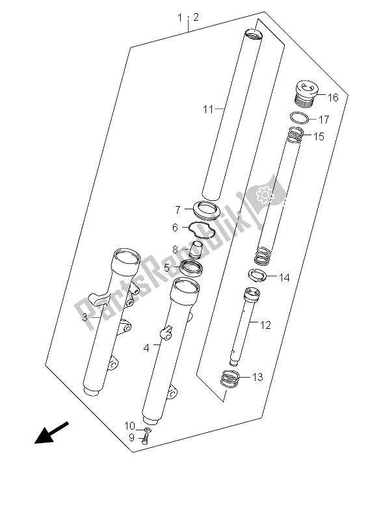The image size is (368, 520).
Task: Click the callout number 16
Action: point(332,97)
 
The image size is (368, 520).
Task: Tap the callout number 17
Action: point(324,120)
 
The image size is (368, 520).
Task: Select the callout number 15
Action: point(319,136)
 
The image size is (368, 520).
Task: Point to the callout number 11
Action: point(208,109)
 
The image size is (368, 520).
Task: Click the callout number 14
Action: point(284,278)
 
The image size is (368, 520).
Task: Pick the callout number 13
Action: point(257,377)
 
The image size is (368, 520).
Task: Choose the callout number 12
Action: point(265,325)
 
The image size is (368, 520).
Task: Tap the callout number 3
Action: point(85,317)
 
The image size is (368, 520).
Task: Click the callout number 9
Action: point(132,437)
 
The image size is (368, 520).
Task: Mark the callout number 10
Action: point(130,426)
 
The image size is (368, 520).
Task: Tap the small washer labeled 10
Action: point(148,430)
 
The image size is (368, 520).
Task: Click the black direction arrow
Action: point(51,432)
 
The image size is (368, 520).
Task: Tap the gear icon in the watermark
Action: point(265,196)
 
